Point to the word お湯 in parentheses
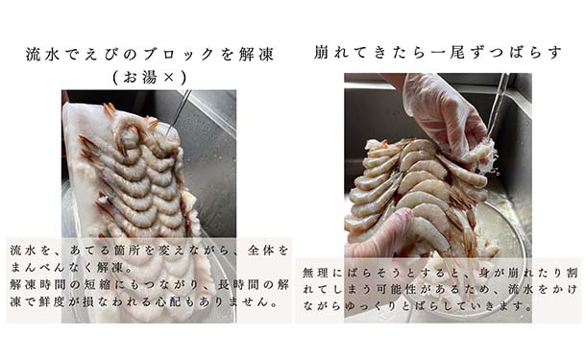pyautogui.click(x=139, y=78)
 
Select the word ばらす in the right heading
pyautogui.click(x=538, y=52)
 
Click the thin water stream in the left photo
pyautogui.click(x=179, y=112)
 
